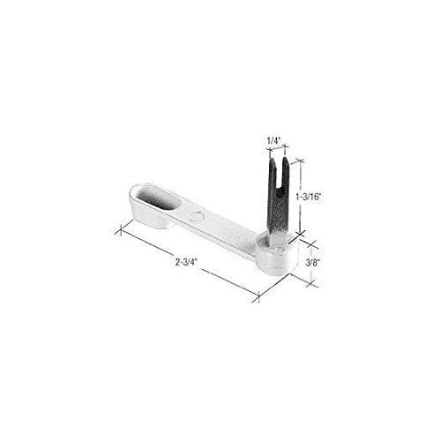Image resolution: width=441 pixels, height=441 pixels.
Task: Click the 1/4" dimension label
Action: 273,139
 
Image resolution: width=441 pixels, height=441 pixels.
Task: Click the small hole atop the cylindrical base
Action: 281,250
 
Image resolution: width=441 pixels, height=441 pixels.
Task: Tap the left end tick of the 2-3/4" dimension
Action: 118,231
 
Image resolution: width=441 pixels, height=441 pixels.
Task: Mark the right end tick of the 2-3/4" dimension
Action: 258,300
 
